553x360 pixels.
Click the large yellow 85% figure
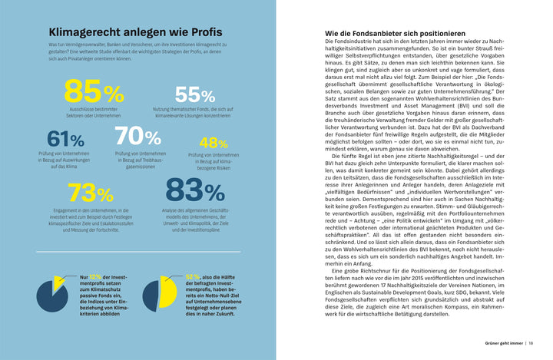coord(93,91)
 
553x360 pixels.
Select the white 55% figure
coord(194,95)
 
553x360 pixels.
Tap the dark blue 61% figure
coord(65,139)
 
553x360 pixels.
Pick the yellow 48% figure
coord(213,143)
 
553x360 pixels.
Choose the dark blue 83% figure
coord(195,190)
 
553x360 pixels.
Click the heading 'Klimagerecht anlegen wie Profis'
coord(135,33)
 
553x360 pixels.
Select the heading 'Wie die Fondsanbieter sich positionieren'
coord(395,35)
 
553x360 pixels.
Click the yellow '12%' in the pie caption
coord(95,276)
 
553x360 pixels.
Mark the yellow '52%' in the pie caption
coord(193,276)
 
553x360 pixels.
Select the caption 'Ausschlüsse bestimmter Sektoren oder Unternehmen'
coord(93,114)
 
